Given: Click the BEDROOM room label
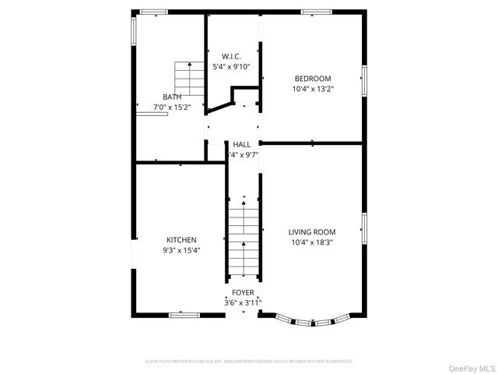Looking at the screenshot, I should click(312, 79).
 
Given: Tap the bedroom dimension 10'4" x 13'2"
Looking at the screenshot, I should click(312, 89).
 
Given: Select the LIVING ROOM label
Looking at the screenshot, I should click(312, 232).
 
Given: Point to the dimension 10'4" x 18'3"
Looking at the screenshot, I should click(312, 242).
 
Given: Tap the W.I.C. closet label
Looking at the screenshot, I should click(231, 56).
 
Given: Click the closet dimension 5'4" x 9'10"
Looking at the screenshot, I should click(231, 66).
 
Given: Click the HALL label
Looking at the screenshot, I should click(242, 145).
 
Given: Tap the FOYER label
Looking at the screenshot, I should click(243, 292).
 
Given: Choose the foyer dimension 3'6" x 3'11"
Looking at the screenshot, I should click(243, 302).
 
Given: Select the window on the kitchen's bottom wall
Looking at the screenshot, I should click(184, 314).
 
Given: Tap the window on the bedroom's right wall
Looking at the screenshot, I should click(363, 81).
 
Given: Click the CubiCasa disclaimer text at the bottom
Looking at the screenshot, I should click(249, 362).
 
